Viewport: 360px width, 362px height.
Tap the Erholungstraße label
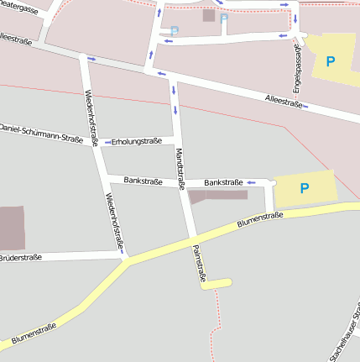pos(136,141)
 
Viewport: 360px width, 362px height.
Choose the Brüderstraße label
pos(20,256)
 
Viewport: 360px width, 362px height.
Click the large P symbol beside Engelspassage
pos(330,60)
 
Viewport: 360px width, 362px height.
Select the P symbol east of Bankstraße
pos(304,188)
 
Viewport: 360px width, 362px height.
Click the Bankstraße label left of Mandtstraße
pos(143,181)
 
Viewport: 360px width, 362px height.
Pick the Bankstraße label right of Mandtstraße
pos(223,182)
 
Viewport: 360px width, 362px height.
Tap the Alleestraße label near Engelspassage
pos(281,100)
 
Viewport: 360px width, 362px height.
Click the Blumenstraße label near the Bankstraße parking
pos(259,218)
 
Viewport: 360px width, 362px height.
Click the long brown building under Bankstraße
pos(218,196)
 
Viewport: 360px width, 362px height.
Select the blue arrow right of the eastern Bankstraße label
pos(250,182)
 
